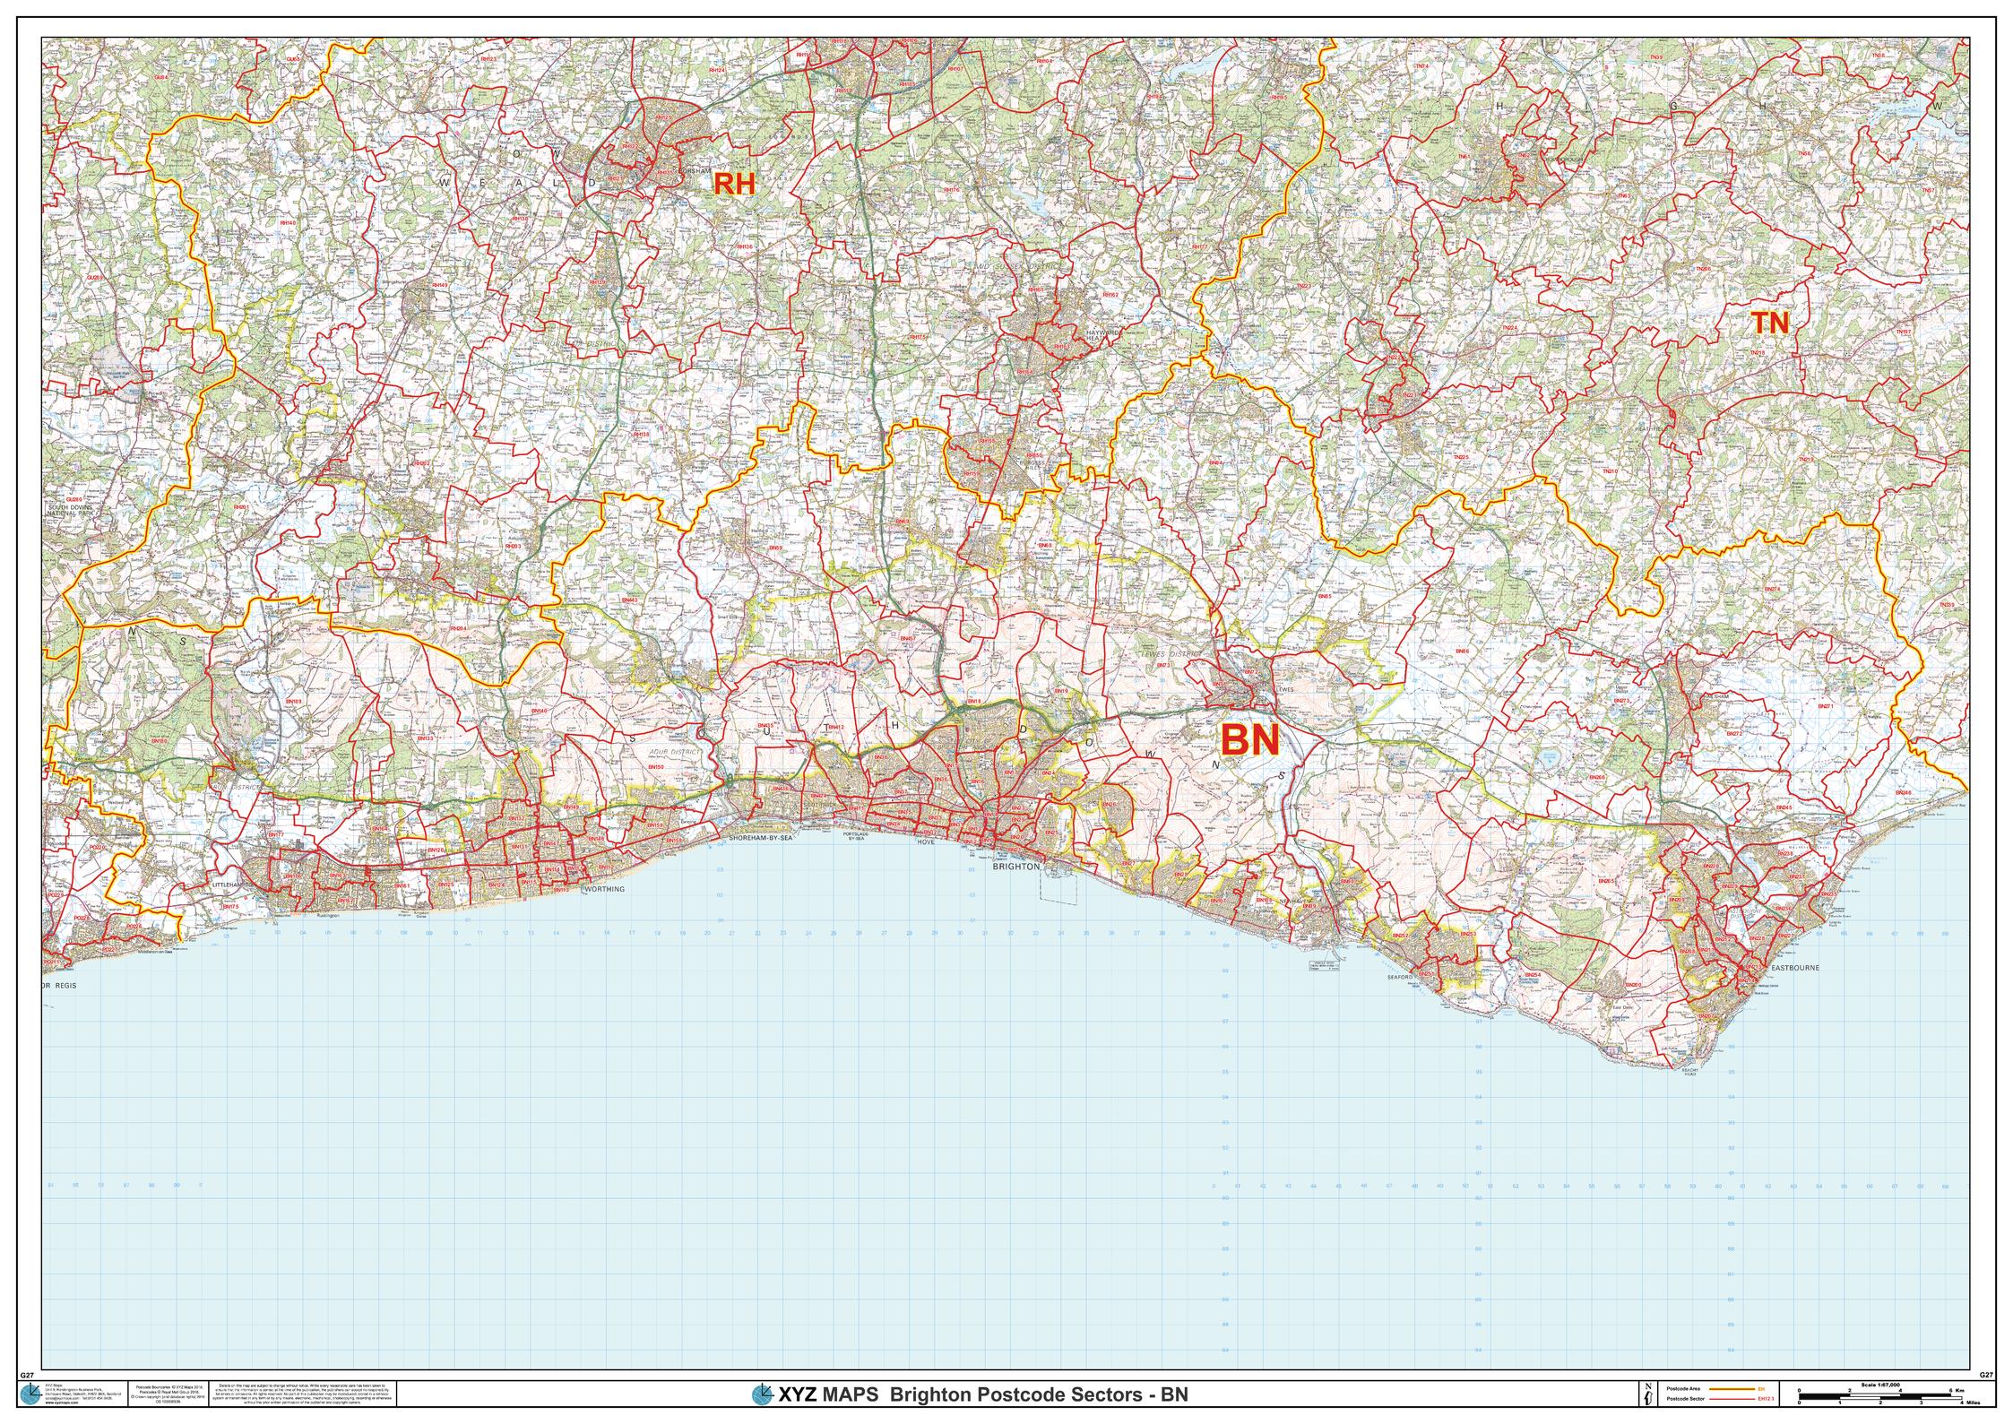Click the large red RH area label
click(734, 185)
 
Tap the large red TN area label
click(1770, 324)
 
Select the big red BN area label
click(1250, 740)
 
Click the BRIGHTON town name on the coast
click(1016, 867)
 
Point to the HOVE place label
click(927, 842)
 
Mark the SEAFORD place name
click(1399, 976)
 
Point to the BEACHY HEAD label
click(1689, 1071)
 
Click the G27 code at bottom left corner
click(26, 1374)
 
